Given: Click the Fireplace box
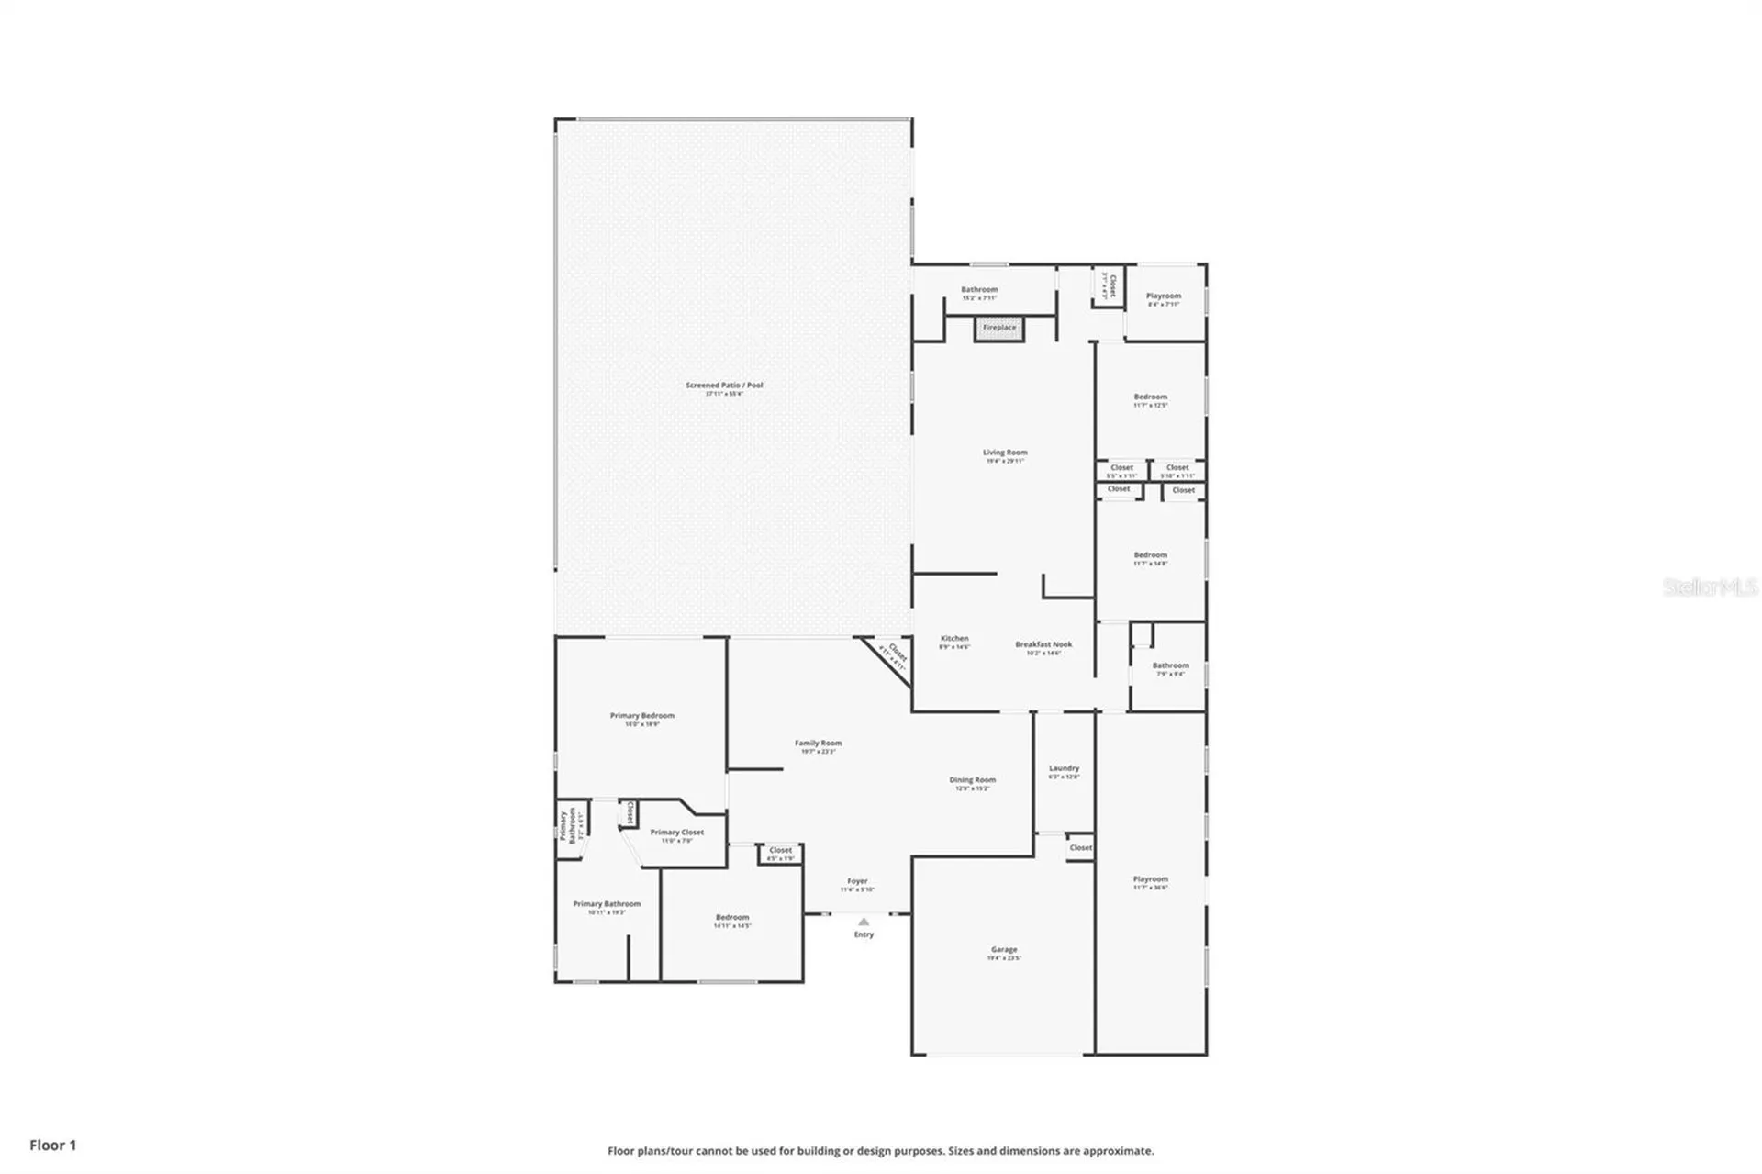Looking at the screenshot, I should pos(999,328).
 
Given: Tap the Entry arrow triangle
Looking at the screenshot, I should pos(863,922).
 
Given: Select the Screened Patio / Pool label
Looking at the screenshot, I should pos(724,386).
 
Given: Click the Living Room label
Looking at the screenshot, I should pos(1005,453).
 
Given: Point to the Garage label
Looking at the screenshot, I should pos(1004,950).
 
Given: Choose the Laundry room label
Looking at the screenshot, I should pos(1064,768).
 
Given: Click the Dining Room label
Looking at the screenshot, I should pos(972,780).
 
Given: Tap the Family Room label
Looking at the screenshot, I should pos(818,744).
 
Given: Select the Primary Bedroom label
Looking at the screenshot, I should pos(641,716).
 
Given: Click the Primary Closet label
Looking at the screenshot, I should pos(677,833).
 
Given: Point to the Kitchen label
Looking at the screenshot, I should pos(954,639).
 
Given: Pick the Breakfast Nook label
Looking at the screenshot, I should pos(1043,644).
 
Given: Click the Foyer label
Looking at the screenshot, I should pos(857,881).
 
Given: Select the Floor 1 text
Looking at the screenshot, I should pos(53,1145).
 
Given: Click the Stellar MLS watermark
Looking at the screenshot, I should pos(1710,587).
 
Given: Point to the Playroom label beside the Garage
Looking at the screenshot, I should pos(1150,879).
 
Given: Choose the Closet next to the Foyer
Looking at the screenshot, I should pos(780,851).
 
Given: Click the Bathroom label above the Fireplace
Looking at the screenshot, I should pos(979,290).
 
